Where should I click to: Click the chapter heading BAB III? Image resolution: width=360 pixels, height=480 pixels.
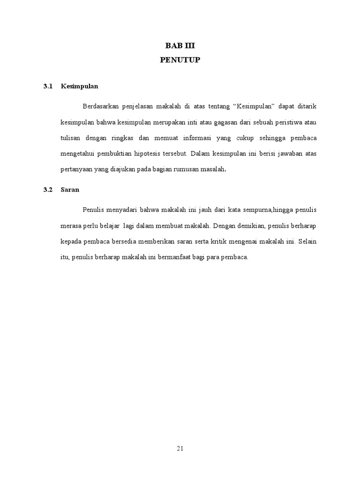point(180,45)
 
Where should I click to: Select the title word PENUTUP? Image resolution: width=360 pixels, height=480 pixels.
point(180,60)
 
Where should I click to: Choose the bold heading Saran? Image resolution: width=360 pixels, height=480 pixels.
point(69,190)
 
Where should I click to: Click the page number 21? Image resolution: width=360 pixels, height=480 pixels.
point(180,448)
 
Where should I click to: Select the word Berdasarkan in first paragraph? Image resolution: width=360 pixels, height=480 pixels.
point(101,106)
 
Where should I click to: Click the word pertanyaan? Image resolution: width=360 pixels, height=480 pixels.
point(78,169)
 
